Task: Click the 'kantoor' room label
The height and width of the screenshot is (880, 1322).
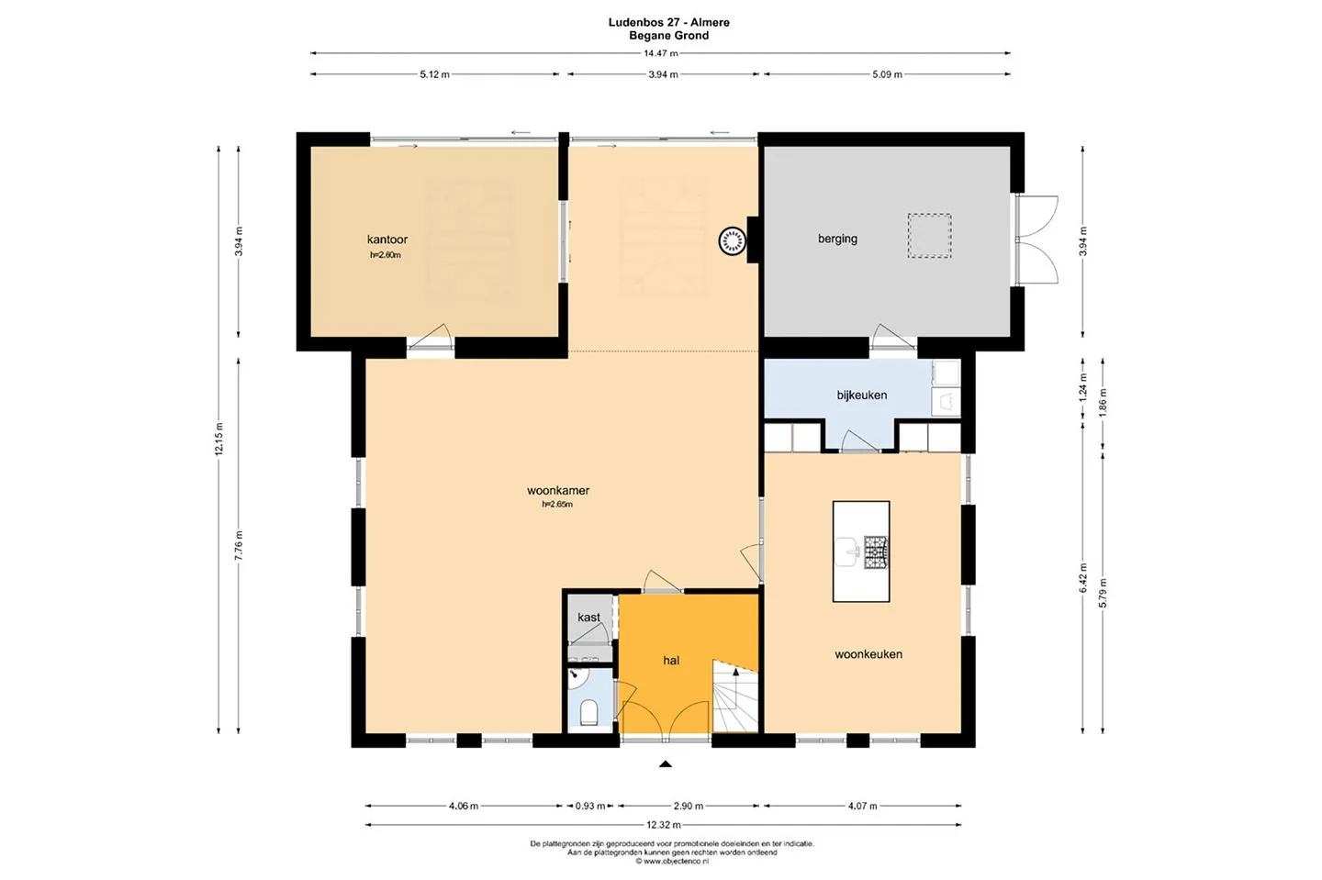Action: click(x=387, y=239)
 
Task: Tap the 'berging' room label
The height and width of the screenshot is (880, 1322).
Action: click(x=837, y=239)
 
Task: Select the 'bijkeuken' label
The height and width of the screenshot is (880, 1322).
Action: click(x=862, y=395)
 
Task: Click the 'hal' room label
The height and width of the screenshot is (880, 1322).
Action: click(x=671, y=661)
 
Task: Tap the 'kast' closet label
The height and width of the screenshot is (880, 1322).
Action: click(x=588, y=617)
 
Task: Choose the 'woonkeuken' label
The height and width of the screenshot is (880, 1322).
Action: click(x=868, y=654)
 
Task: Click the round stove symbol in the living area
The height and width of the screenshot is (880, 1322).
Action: click(x=732, y=241)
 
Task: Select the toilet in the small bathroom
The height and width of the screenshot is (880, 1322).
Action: click(x=588, y=712)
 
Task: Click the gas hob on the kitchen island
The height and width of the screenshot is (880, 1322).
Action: click(x=877, y=552)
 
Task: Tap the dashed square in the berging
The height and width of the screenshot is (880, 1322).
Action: click(x=929, y=236)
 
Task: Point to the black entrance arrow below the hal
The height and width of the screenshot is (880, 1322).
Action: click(x=665, y=763)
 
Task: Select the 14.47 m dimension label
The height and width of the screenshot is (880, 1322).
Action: click(x=660, y=53)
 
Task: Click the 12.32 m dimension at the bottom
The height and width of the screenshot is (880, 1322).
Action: click(x=664, y=825)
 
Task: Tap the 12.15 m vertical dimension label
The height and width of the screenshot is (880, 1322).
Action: click(x=218, y=439)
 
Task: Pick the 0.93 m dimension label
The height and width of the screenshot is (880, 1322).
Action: click(x=590, y=806)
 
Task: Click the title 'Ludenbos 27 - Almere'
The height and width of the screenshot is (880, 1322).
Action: click(x=668, y=22)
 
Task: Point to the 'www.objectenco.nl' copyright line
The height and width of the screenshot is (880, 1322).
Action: click(x=672, y=861)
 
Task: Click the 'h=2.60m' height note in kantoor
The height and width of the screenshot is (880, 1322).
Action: click(x=386, y=255)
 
